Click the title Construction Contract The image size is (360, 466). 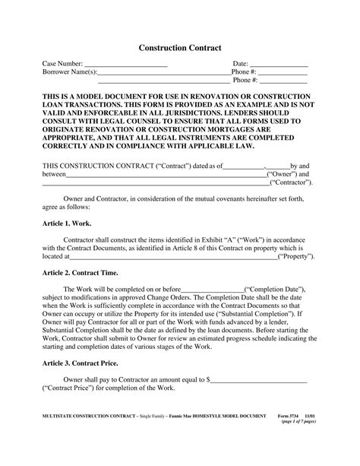(180, 47)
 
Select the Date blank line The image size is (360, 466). (279, 65)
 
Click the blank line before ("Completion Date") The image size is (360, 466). (213, 290)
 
